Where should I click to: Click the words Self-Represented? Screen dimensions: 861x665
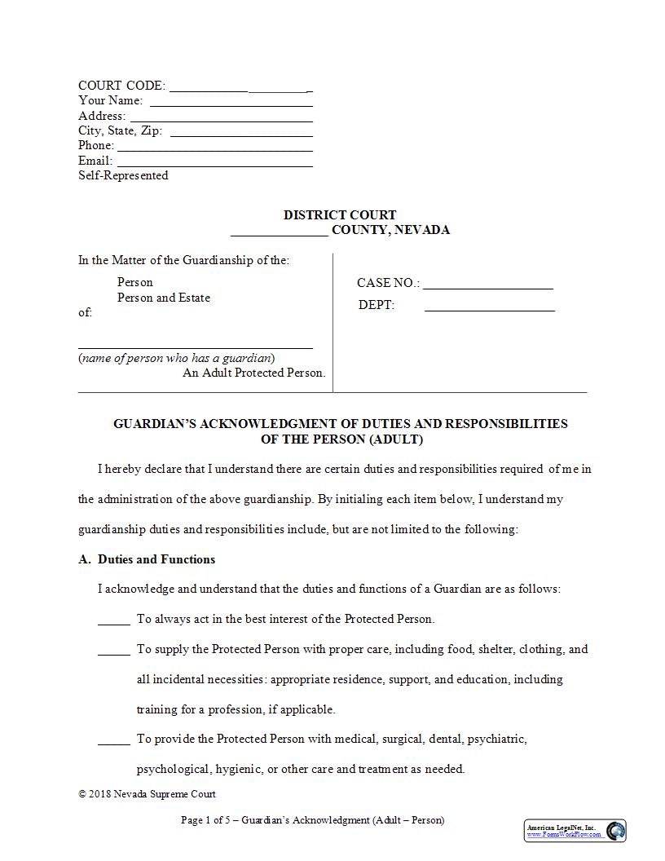tap(123, 175)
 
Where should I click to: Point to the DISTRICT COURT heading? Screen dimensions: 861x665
tap(340, 215)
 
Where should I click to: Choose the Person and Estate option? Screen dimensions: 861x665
tap(164, 298)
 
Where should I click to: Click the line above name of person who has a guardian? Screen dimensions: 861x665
tap(196, 347)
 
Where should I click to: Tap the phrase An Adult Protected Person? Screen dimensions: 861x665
tap(253, 373)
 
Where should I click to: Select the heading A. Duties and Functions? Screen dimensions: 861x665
tap(147, 559)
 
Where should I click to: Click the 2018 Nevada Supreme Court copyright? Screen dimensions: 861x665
tap(147, 794)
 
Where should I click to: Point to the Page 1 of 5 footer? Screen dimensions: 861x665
tap(312, 820)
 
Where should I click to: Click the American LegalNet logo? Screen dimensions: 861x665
tap(575, 831)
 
